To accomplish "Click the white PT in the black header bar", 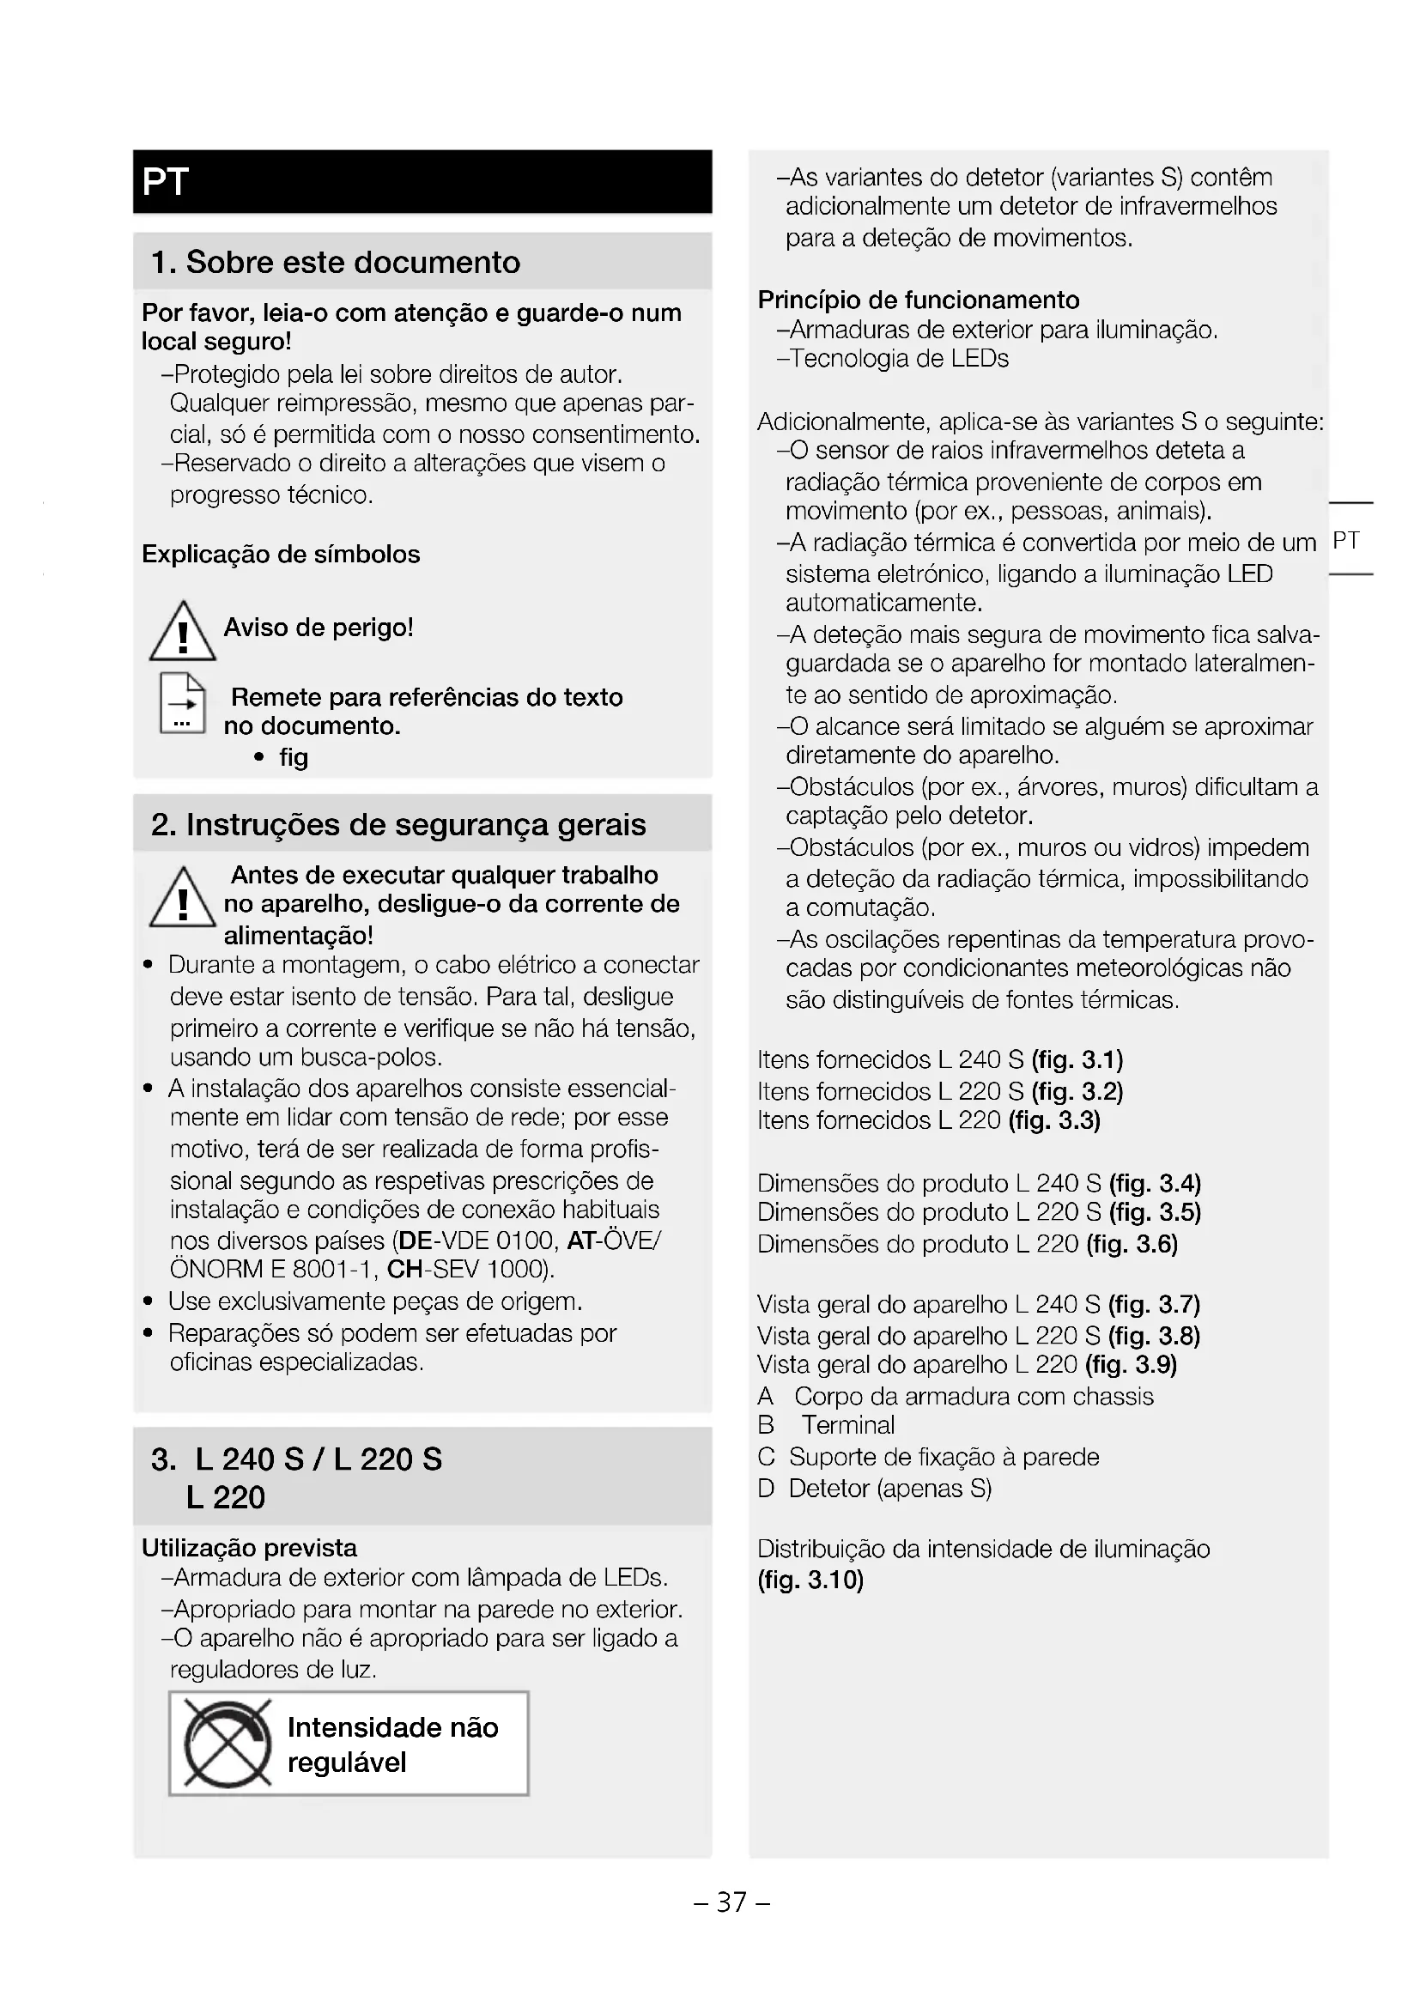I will click(165, 182).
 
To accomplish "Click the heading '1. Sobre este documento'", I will click(335, 262).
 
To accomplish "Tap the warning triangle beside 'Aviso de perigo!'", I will click(182, 633).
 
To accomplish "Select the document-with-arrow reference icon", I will click(182, 703).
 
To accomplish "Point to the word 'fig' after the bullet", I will click(294, 757).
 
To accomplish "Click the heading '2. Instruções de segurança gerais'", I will click(397, 824).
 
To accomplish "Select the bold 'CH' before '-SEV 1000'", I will click(405, 1269).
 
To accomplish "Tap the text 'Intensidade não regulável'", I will click(391, 1744).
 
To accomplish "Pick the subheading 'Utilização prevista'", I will click(249, 1548).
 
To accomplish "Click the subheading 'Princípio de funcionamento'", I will click(918, 300).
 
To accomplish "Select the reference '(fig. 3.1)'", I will click(1077, 1060).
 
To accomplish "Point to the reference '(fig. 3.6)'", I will click(1132, 1244).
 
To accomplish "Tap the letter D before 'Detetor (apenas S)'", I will click(766, 1489).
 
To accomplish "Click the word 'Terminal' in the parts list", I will click(848, 1426).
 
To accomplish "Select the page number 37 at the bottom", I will click(731, 1902).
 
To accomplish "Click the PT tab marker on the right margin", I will click(1345, 541).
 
